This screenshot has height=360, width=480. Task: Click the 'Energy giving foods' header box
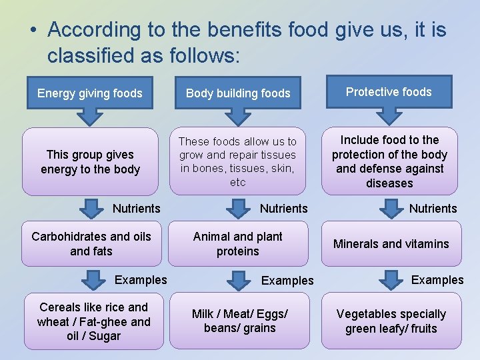click(90, 93)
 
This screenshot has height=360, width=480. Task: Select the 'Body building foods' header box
click(238, 93)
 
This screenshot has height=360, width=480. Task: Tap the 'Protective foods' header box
click(389, 92)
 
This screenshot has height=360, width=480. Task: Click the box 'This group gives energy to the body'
click(90, 162)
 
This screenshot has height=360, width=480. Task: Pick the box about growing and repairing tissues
click(238, 161)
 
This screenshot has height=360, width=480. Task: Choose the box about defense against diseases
click(390, 161)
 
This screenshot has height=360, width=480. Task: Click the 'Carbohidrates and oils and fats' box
click(91, 244)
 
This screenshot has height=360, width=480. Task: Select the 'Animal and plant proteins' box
click(238, 244)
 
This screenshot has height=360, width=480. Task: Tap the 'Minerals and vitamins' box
click(391, 244)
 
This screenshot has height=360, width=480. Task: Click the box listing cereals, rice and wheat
click(93, 321)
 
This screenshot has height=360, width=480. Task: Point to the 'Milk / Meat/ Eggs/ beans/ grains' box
click(240, 321)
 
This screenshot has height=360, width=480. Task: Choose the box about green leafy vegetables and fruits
click(391, 321)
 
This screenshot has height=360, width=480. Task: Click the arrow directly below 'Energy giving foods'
click(88, 116)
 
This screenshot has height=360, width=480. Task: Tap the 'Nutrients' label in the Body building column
click(284, 209)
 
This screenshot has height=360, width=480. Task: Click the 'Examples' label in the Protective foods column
click(437, 280)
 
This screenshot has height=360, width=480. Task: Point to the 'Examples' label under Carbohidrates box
click(141, 280)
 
